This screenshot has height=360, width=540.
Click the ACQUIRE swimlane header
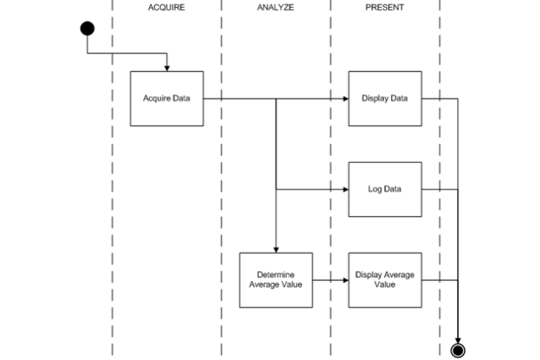[167, 7]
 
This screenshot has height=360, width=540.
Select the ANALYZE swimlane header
[276, 7]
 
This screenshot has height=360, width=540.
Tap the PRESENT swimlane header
[385, 7]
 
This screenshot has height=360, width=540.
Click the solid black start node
[88, 28]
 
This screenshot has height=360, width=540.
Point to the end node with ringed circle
[459, 350]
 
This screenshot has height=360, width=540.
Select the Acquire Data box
[167, 98]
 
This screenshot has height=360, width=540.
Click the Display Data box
[385, 98]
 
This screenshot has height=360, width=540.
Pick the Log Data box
[385, 189]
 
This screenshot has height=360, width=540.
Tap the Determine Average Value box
[276, 279]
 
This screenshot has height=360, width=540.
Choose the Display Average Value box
[385, 279]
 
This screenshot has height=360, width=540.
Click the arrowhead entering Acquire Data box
[167, 68]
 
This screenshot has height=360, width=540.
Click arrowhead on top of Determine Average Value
[276, 249]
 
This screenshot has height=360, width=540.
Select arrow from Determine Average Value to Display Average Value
[330, 279]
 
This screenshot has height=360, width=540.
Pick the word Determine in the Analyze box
[276, 274]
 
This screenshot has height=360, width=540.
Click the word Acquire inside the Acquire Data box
[157, 98]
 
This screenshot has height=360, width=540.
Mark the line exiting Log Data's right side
[439, 189]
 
